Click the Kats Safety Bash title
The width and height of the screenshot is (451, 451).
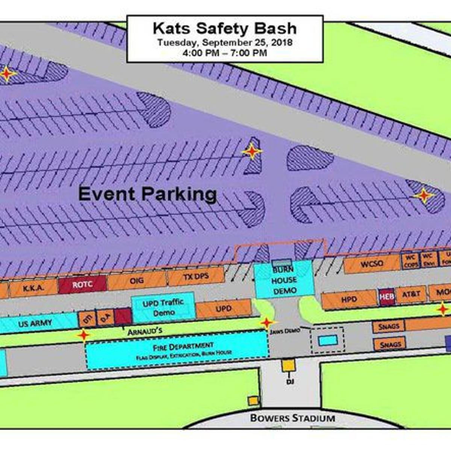point(224,28)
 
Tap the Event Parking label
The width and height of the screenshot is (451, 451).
point(147,195)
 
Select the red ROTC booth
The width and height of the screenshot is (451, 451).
point(82,285)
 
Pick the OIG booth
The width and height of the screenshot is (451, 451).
point(137,281)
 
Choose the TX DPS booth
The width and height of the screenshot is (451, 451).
point(196,277)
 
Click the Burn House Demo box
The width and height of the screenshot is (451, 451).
point(285,280)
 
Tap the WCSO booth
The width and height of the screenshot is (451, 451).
point(372,263)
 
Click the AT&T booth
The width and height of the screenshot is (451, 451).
point(411,294)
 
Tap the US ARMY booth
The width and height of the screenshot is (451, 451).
point(36,323)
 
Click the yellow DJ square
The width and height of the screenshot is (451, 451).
point(288,366)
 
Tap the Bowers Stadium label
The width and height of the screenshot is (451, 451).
point(292,418)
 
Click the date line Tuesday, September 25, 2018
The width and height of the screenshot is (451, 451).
point(225,42)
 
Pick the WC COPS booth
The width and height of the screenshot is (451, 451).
point(410,260)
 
